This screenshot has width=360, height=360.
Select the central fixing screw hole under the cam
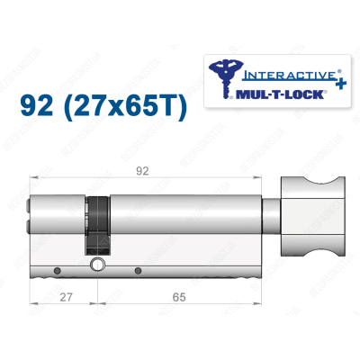[101, 266]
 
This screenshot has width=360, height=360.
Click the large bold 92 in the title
[38, 110]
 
